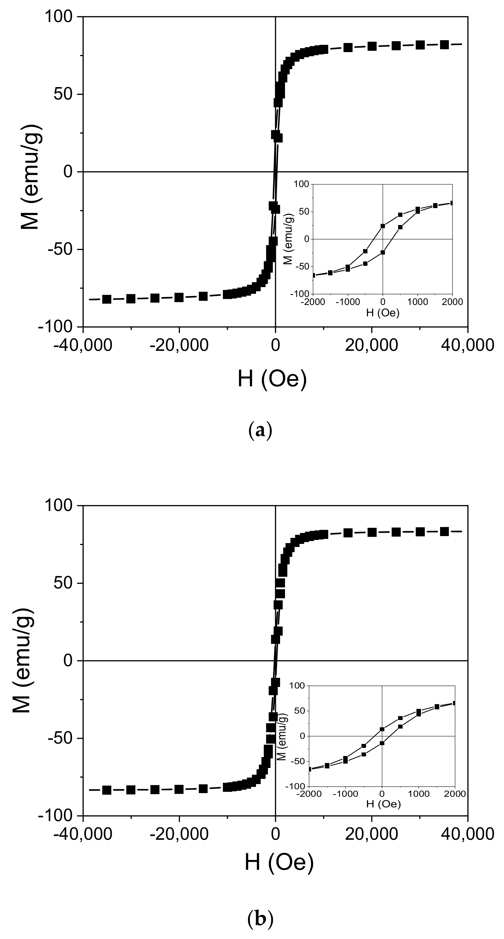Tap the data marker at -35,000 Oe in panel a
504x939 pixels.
tap(107, 299)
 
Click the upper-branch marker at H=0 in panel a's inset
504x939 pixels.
tap(383, 226)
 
